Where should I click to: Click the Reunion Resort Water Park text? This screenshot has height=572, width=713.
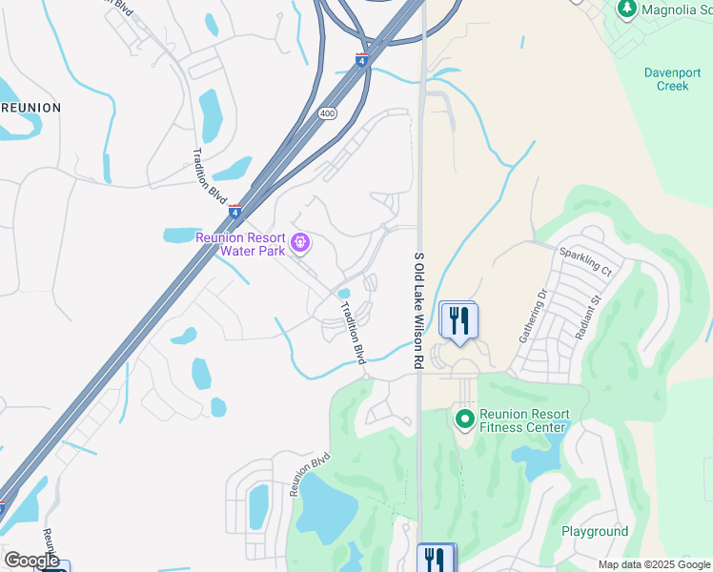241,244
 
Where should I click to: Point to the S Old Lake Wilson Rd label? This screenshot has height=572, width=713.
418,311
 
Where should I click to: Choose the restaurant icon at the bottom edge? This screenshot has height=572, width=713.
437,559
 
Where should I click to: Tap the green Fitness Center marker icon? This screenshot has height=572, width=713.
464,418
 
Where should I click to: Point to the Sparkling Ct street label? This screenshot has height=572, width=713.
584,260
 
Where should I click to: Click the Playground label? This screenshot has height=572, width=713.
595,531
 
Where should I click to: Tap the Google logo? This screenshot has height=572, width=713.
31,561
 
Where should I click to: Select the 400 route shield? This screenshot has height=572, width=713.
327,112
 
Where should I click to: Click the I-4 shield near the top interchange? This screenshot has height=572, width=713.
361,59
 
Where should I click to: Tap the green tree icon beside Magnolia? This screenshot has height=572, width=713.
626,10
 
